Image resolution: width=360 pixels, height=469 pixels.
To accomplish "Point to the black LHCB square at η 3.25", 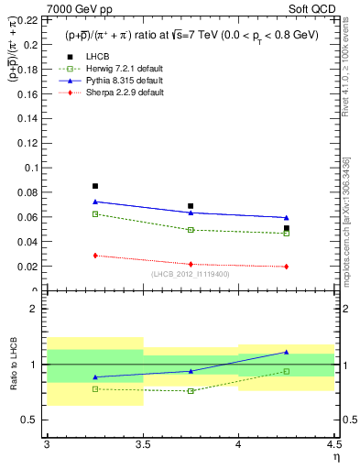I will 95,186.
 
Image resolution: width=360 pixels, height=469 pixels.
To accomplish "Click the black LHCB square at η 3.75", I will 191,206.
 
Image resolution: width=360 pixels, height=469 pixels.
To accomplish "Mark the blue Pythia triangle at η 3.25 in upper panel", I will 95,202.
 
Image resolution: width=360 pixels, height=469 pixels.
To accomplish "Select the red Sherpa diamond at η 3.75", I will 191,264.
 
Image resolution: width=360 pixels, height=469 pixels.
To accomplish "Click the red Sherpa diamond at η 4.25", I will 287,267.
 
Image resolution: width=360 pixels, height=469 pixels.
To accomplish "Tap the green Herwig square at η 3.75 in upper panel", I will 191,230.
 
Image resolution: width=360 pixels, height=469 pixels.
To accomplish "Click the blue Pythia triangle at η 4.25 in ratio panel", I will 287,352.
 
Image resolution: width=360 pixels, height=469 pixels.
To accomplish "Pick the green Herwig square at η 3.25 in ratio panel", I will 95,388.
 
